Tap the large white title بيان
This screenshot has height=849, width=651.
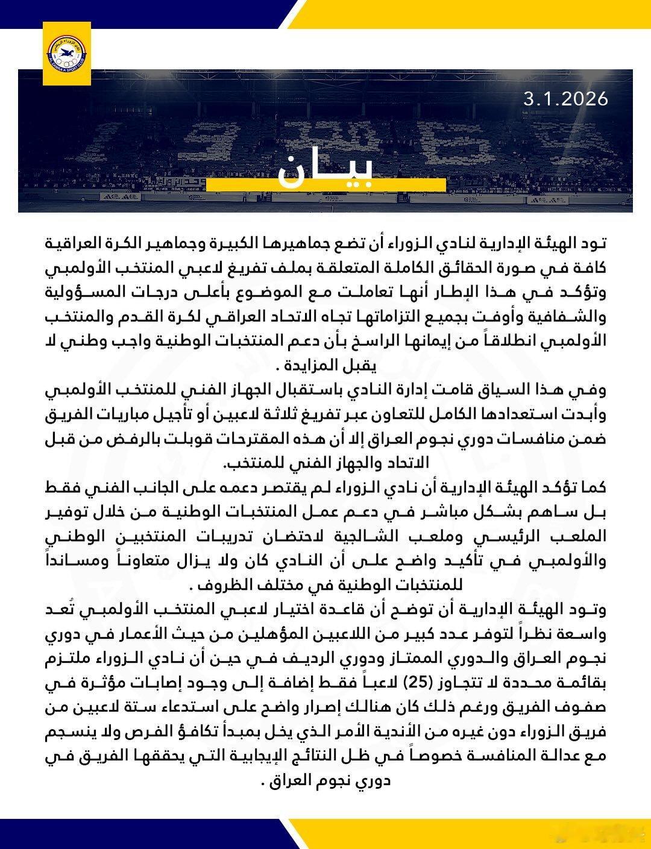[325, 172]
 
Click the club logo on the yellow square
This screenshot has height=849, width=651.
[66, 46]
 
